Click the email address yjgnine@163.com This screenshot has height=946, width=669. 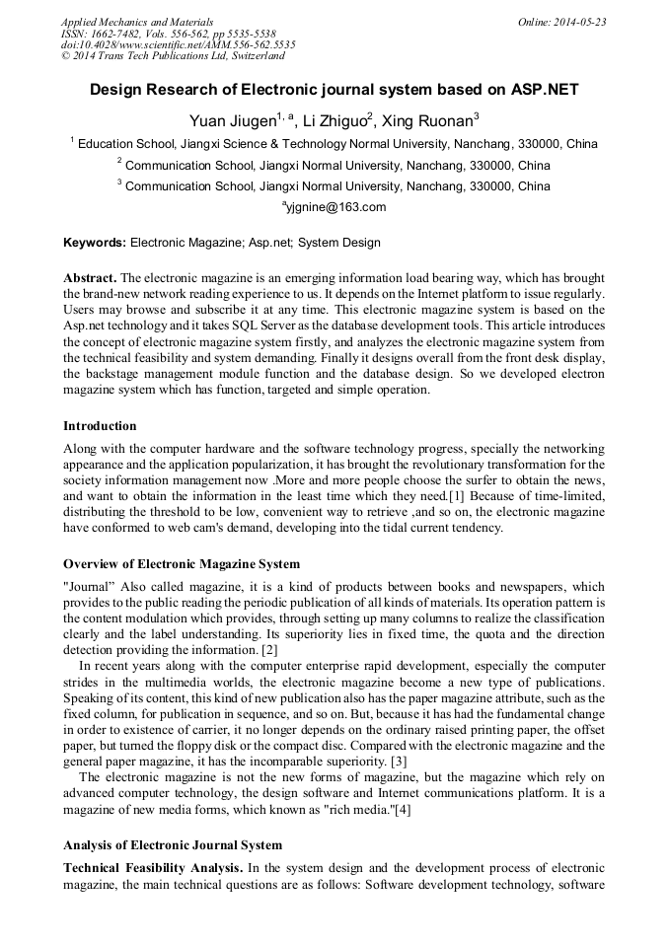tap(336, 207)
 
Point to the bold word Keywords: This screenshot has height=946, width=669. tap(95, 242)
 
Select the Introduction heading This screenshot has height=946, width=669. tap(100, 426)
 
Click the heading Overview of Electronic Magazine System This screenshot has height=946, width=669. tap(182, 564)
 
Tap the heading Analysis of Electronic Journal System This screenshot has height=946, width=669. tap(173, 845)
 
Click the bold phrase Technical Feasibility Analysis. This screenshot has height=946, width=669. tap(153, 867)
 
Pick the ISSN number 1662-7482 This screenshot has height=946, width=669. tap(117, 33)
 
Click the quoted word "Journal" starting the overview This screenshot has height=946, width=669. tap(88, 587)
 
